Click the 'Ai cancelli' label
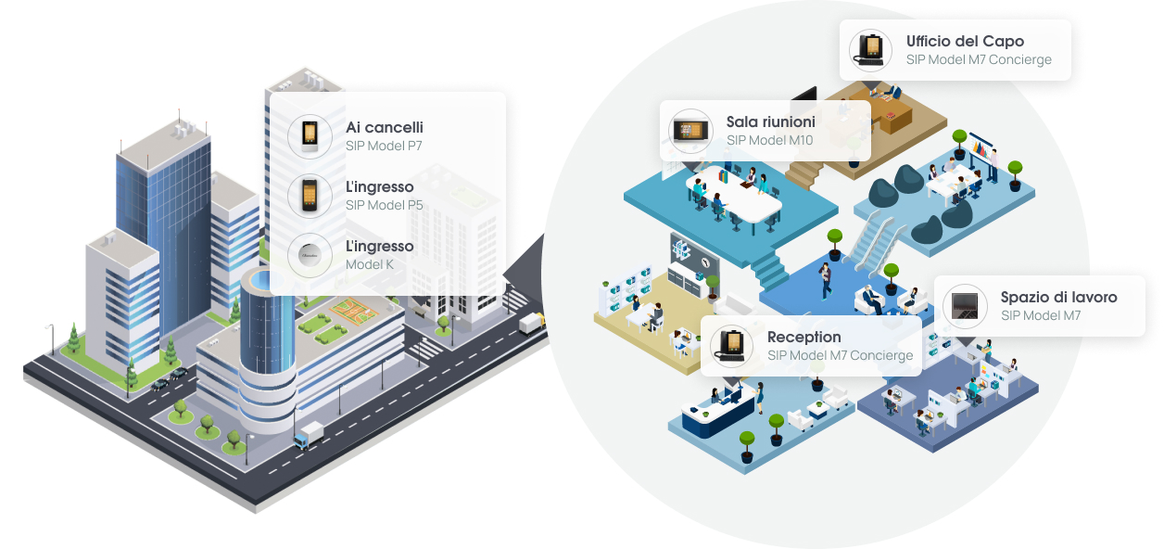384,127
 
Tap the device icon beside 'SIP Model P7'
309,136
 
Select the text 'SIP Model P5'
384,205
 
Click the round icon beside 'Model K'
309,255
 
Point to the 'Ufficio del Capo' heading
965,42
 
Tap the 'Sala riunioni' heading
770,122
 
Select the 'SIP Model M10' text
769,140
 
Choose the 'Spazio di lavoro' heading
1058,298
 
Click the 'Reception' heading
803,337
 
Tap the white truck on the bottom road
309,435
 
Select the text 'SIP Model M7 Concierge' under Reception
840,355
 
